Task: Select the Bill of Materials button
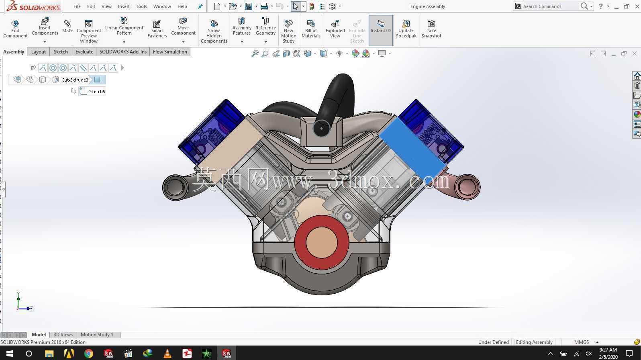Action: pyautogui.click(x=311, y=29)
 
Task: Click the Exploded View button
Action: pyautogui.click(x=335, y=29)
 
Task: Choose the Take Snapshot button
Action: pyautogui.click(x=431, y=29)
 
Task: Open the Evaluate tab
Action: pyautogui.click(x=84, y=52)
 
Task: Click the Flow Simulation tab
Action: pyautogui.click(x=170, y=52)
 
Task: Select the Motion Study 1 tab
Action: pyautogui.click(x=97, y=335)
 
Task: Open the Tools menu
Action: pyautogui.click(x=141, y=6)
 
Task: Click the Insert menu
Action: pyautogui.click(x=124, y=6)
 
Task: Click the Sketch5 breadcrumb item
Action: pyautogui.click(x=97, y=92)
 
